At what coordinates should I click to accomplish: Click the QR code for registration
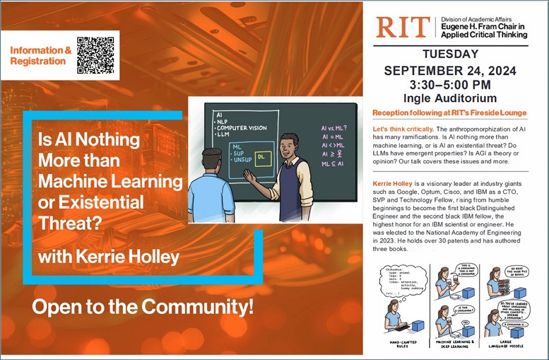(95, 55)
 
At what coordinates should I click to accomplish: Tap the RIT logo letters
(403, 28)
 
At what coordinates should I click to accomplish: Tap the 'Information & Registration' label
(40, 56)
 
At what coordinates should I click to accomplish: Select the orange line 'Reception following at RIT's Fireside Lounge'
(449, 113)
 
